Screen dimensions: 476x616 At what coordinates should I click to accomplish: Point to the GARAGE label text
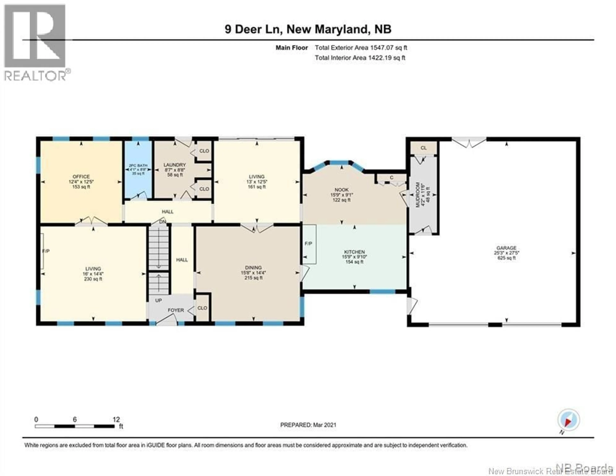point(507,248)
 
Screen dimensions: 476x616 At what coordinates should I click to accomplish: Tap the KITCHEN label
point(354,252)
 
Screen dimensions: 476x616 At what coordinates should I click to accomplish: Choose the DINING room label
point(253,267)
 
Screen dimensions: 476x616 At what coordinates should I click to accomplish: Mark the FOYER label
point(176,310)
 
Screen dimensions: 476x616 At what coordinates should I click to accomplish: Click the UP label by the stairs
point(158,300)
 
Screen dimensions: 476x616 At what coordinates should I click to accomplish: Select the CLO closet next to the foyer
point(202,308)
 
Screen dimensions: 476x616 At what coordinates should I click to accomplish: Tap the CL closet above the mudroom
point(423,148)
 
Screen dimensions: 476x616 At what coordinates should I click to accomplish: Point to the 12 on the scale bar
point(116,419)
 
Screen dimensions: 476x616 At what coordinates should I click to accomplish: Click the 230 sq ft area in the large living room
point(93,279)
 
